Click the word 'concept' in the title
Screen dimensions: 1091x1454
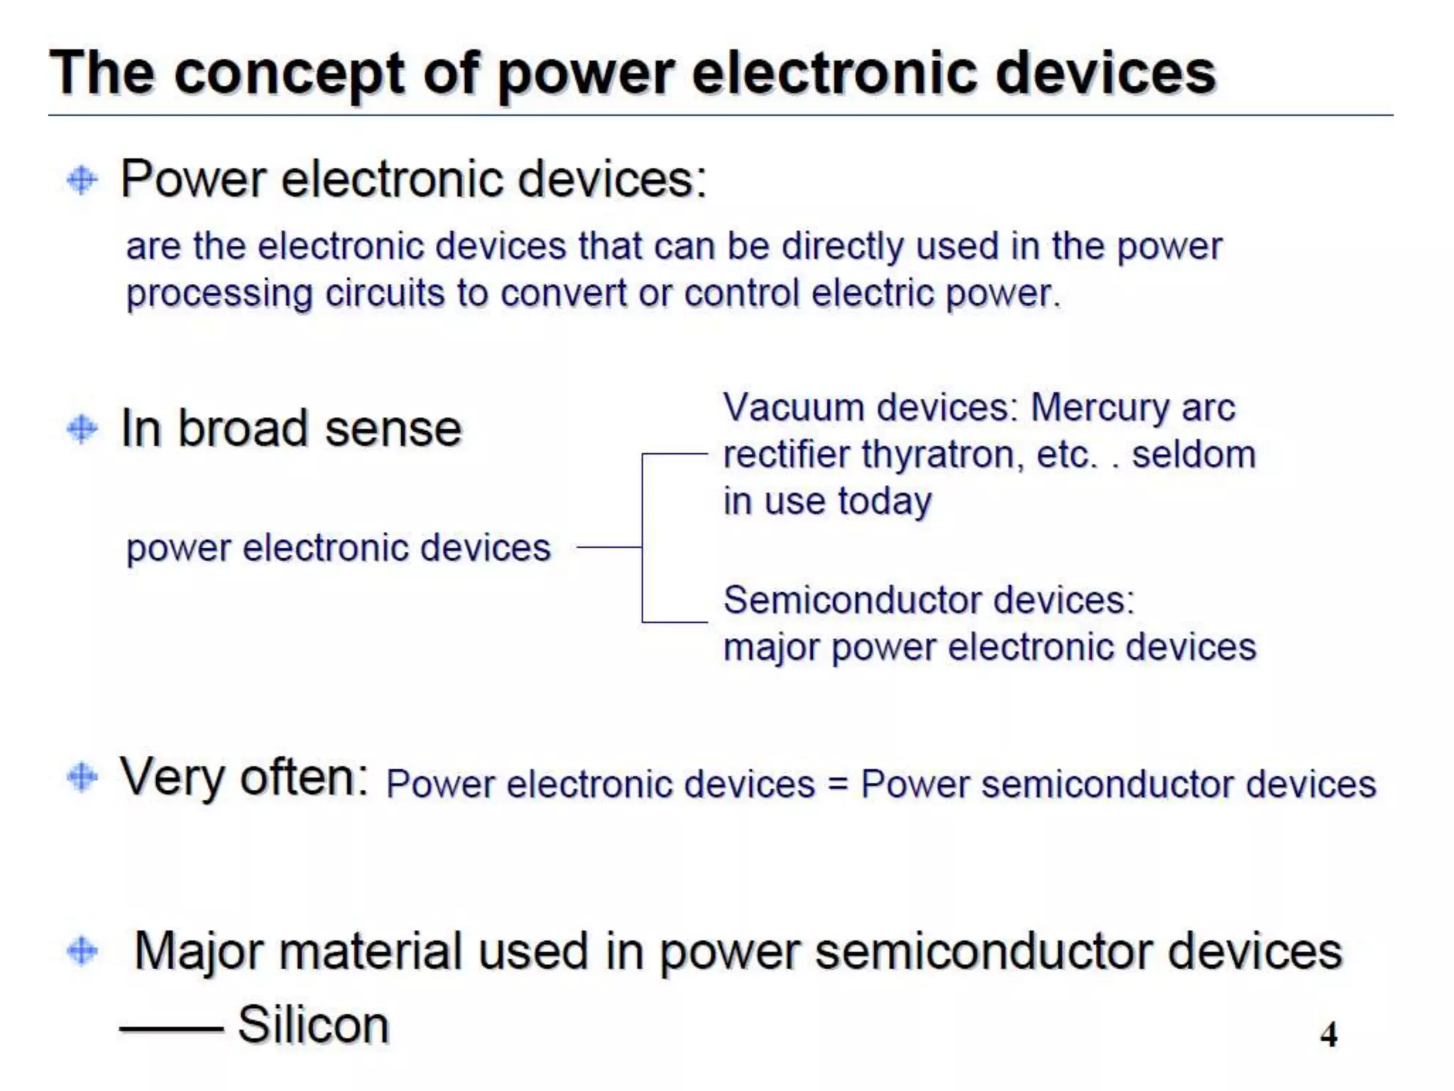tap(290, 75)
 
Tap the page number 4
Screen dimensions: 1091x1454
tap(1328, 1034)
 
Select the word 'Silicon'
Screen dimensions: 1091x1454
tap(313, 1025)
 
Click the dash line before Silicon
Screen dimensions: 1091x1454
tap(171, 1028)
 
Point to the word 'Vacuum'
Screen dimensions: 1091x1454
tap(793, 408)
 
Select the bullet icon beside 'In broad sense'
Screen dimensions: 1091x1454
tap(82, 429)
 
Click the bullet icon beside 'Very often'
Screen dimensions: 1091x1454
tap(82, 777)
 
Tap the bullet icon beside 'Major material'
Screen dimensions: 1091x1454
tap(82, 951)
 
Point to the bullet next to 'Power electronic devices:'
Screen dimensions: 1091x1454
tap(82, 180)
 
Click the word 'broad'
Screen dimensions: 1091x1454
tap(242, 429)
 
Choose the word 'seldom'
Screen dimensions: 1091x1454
tap(1193, 455)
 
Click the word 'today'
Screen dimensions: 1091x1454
tap(884, 502)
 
